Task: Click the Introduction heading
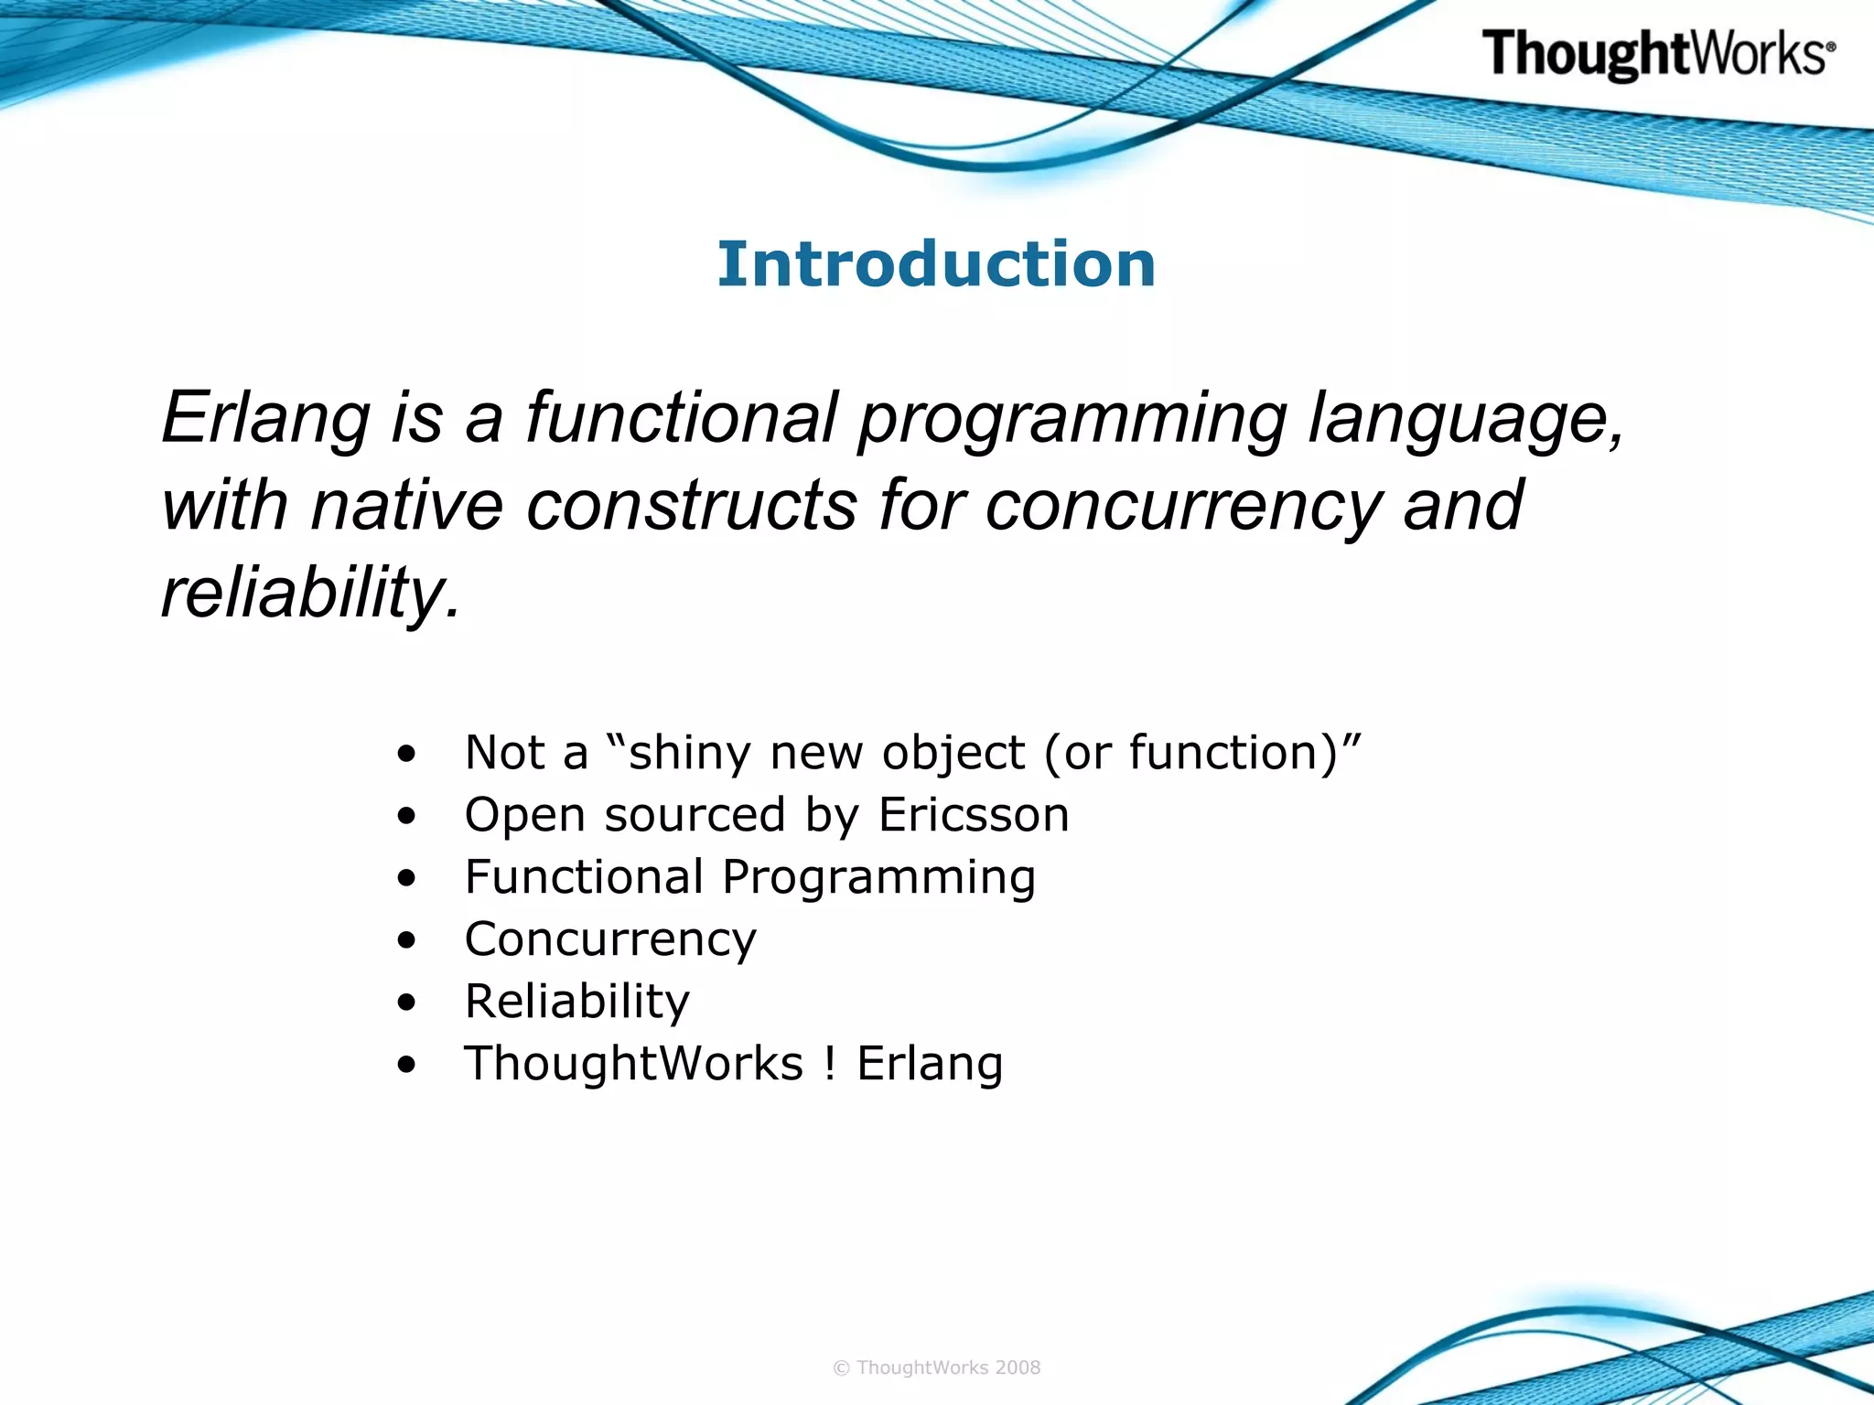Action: point(936,264)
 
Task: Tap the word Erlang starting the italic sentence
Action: point(265,418)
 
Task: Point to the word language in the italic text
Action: point(1464,418)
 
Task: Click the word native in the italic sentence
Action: point(406,506)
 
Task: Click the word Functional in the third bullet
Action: point(584,877)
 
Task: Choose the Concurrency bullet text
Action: point(610,939)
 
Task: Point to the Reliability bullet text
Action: point(576,1002)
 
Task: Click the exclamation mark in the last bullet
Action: point(829,1064)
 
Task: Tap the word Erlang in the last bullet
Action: point(930,1064)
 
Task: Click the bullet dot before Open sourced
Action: point(407,816)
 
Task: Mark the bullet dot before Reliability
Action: point(407,1003)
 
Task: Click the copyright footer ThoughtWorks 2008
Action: point(936,1367)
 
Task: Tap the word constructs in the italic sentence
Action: point(692,506)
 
